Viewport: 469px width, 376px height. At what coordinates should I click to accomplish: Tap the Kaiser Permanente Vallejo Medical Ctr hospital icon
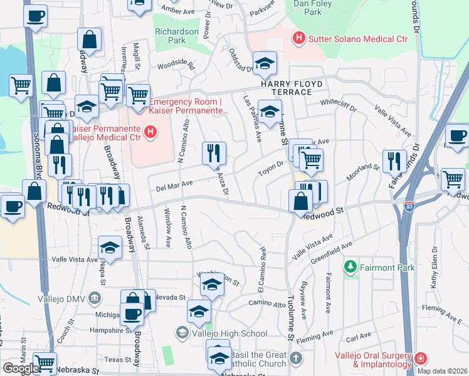coord(150,132)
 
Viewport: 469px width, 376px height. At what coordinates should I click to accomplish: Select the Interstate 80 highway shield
coord(408,206)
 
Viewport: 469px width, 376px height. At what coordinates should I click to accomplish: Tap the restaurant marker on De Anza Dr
coord(214,153)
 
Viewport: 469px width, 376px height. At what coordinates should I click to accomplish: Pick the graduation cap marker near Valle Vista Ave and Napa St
coord(110,248)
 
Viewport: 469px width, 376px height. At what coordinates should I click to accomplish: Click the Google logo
coord(21,368)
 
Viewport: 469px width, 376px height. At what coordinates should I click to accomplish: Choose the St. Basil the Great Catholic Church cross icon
coord(296,359)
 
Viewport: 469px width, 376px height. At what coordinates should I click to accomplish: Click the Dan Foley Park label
coord(313,8)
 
